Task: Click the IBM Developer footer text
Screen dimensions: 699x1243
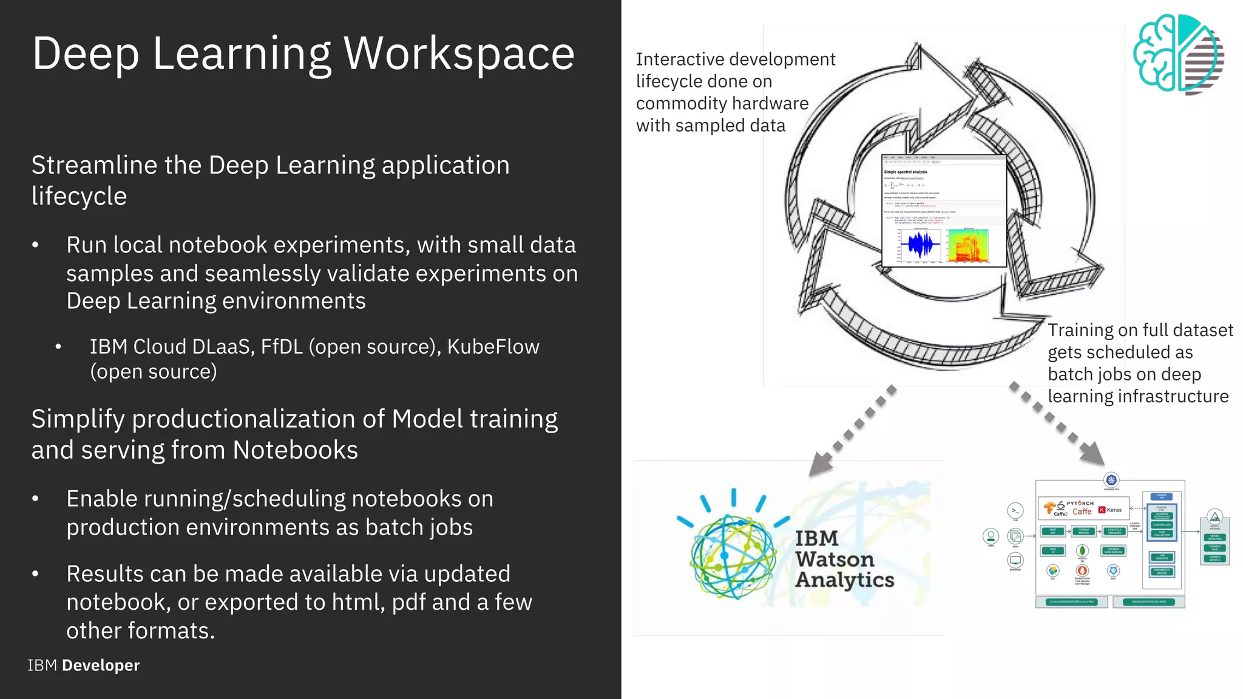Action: (x=84, y=666)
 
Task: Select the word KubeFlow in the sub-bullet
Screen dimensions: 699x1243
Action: (x=493, y=346)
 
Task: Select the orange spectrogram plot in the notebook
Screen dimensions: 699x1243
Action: (x=968, y=245)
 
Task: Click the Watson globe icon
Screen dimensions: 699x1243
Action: (x=733, y=555)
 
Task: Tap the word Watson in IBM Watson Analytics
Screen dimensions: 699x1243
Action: (x=835, y=559)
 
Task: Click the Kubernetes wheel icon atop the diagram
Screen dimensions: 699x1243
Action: (x=1111, y=480)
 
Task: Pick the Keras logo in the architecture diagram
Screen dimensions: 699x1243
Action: (x=1110, y=510)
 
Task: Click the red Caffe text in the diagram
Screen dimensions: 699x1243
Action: (x=1082, y=512)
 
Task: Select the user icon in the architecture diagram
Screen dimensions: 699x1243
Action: (x=991, y=536)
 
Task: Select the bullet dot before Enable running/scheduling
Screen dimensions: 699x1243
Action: (x=36, y=499)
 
